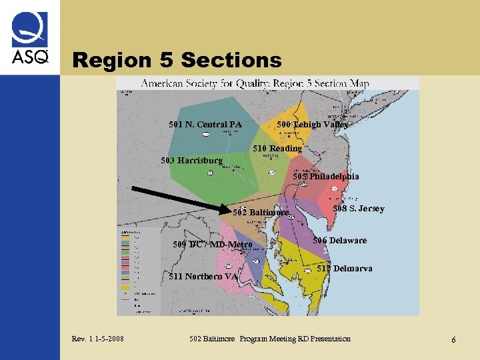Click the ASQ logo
click(29, 38)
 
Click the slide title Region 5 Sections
click(177, 60)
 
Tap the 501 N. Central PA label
click(205, 124)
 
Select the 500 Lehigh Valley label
click(312, 124)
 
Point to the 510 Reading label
click(277, 148)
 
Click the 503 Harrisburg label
click(192, 161)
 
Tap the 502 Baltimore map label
click(261, 213)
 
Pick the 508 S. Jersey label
click(359, 209)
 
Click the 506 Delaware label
click(340, 240)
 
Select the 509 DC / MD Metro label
click(212, 245)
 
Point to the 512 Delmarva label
click(345, 268)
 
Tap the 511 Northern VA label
click(203, 277)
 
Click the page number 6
click(453, 340)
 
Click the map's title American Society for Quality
click(255, 84)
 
